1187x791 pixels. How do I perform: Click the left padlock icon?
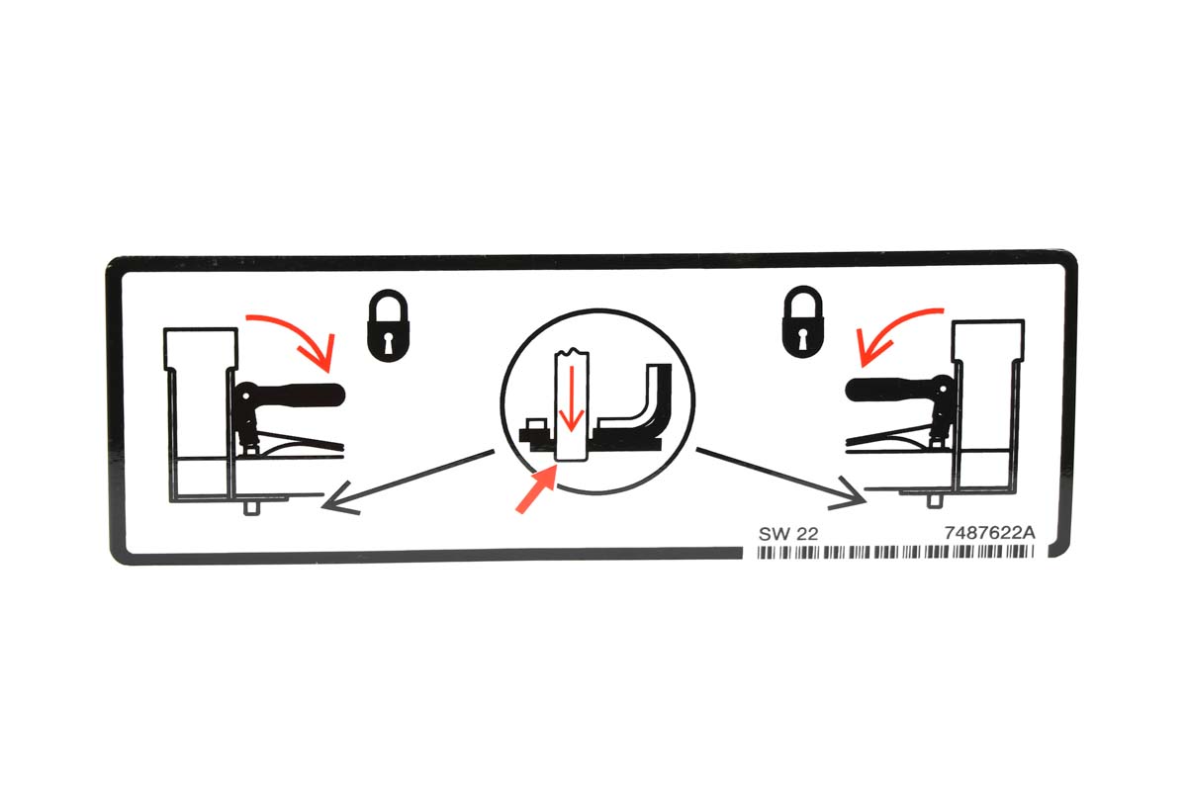tap(389, 326)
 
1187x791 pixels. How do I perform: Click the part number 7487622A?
tap(989, 533)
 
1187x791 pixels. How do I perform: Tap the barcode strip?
tap(895, 552)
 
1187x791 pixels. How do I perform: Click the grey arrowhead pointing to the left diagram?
tap(339, 499)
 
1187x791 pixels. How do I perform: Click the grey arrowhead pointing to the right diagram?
tap(849, 493)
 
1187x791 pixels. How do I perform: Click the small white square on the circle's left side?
tap(536, 424)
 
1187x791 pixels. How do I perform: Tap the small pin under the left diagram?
tap(251, 507)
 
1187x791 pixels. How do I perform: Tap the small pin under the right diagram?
tap(934, 500)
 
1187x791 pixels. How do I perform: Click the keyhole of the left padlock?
tap(389, 343)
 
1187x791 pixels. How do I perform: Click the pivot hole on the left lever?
tap(246, 395)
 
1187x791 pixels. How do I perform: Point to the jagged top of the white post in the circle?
tap(572, 351)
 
